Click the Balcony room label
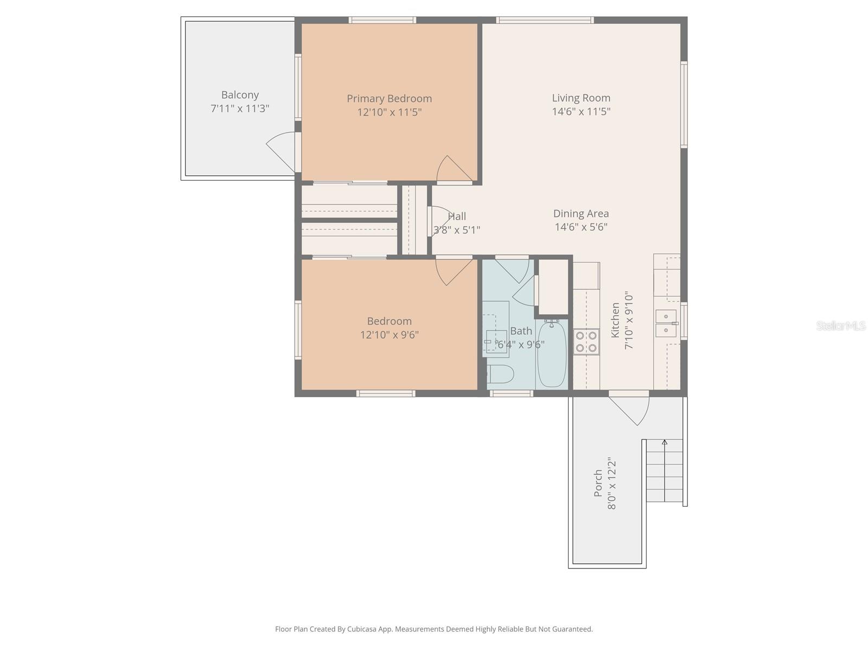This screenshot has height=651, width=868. tap(240, 95)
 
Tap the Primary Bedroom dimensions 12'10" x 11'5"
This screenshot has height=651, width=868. tap(389, 112)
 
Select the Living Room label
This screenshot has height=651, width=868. tap(581, 98)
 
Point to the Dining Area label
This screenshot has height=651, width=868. tap(580, 214)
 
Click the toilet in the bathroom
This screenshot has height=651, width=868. tap(500, 373)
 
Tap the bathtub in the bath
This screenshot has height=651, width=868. tap(552, 354)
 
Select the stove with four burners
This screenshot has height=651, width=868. tap(586, 341)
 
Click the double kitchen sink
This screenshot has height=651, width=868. tap(666, 323)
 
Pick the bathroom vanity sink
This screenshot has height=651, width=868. tap(496, 342)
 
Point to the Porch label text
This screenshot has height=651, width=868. tap(598, 483)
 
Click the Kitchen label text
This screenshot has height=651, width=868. tap(615, 320)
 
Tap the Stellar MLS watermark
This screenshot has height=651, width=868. tap(840, 325)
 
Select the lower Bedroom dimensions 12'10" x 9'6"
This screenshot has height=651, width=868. tap(389, 335)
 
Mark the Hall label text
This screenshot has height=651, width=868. tap(457, 216)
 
